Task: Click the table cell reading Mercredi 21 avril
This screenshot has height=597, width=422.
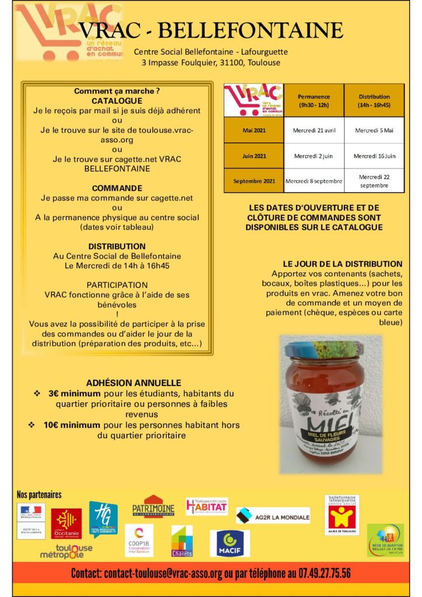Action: click(314, 130)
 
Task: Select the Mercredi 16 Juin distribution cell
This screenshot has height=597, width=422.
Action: click(374, 156)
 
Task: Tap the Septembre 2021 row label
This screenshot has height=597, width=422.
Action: click(254, 181)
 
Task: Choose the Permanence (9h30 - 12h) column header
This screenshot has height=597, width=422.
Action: click(314, 100)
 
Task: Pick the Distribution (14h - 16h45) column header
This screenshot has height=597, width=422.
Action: click(374, 100)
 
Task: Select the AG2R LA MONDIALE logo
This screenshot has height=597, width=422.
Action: click(273, 515)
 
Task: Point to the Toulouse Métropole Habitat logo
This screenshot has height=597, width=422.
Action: click(206, 507)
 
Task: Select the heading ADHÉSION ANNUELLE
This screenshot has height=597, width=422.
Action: click(133, 383)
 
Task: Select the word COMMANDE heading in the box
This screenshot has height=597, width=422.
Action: click(117, 188)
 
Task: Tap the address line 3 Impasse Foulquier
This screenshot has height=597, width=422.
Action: click(210, 62)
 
